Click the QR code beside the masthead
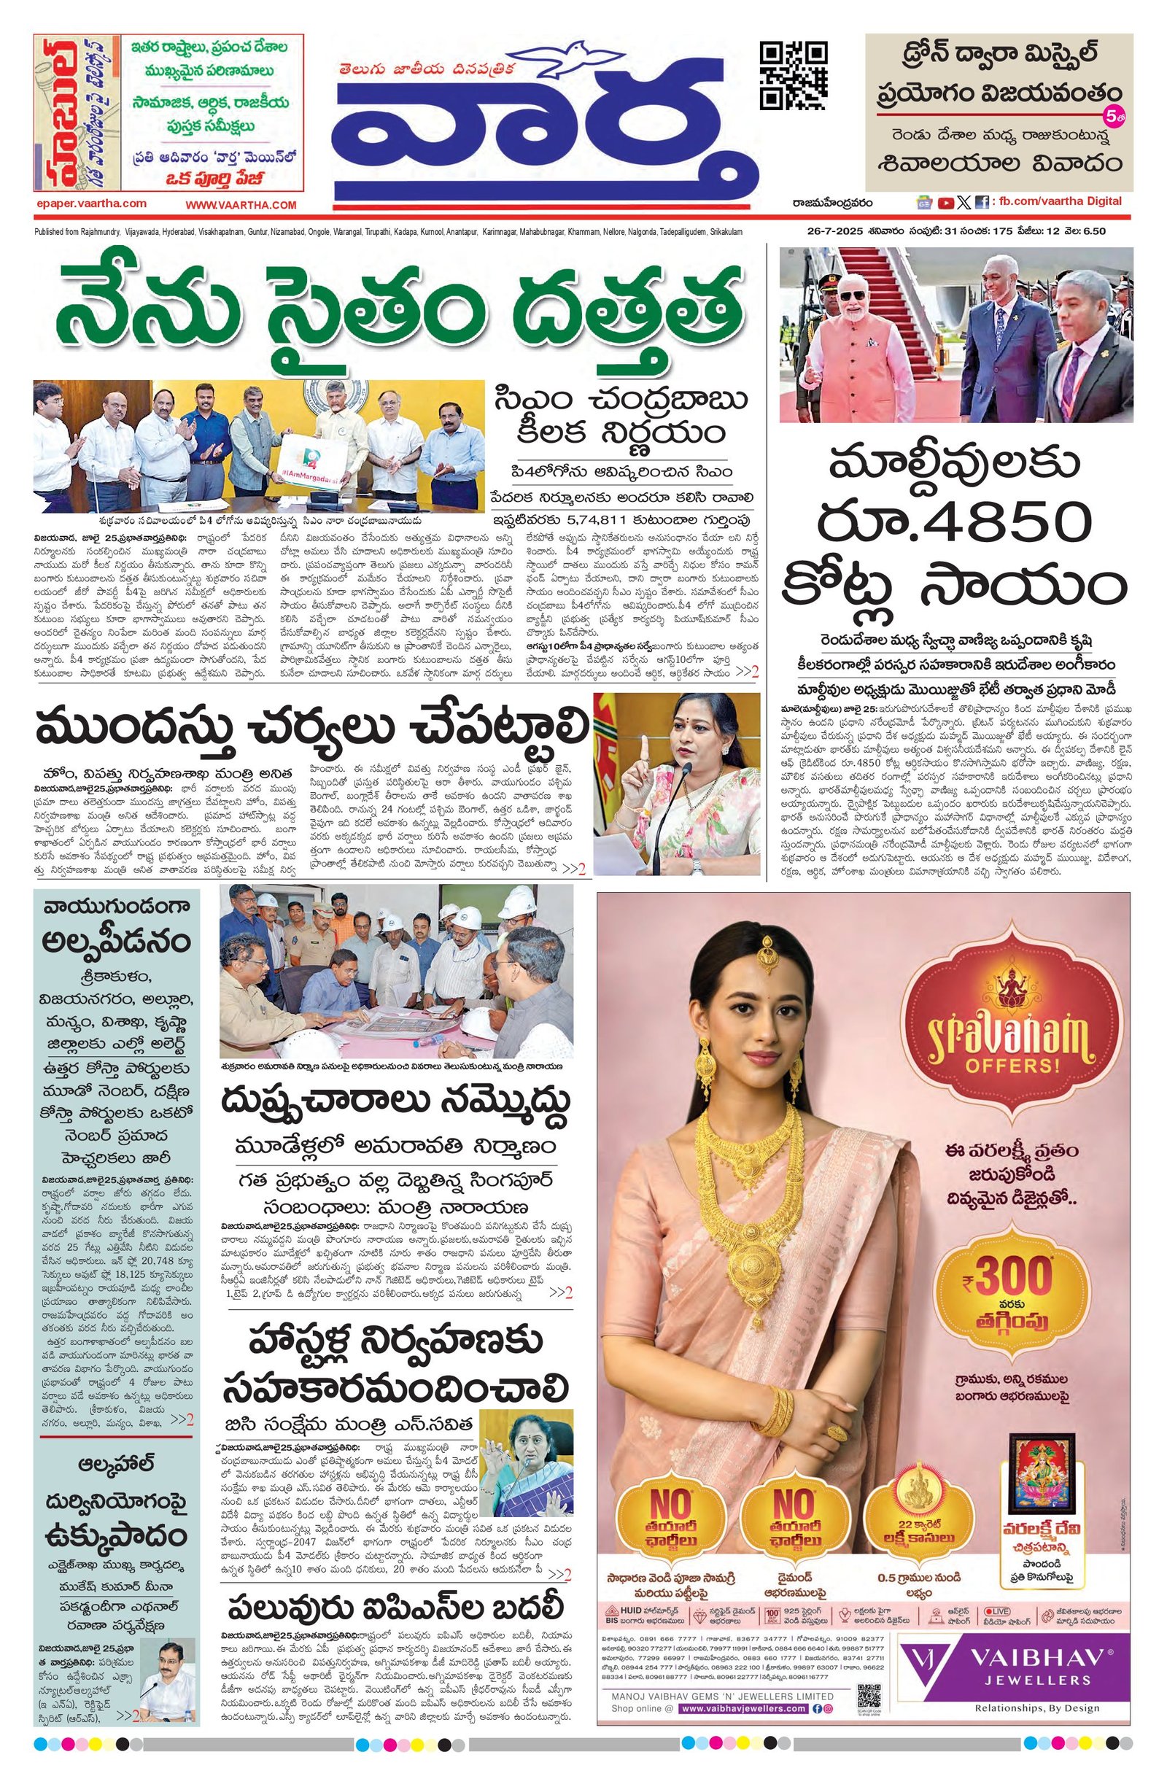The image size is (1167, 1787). pyautogui.click(x=794, y=75)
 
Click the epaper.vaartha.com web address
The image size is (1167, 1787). pyautogui.click(x=91, y=203)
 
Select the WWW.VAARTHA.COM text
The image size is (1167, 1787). pyautogui.click(x=241, y=205)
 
